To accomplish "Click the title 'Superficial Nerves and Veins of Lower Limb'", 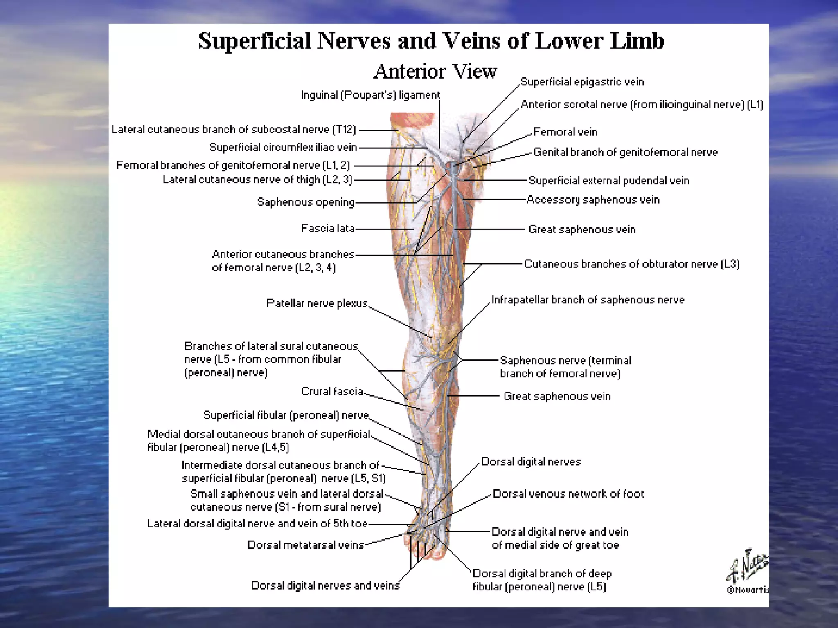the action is coord(431,41).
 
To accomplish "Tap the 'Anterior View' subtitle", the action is coord(435,72).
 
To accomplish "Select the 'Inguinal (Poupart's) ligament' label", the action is coord(370,95).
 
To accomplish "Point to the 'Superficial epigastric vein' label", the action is coord(582,82).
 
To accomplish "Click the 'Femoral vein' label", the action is coord(565,132).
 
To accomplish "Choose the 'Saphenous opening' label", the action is coord(306,202).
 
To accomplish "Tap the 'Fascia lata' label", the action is coord(328,228).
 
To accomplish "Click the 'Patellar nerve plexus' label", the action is coord(317,303).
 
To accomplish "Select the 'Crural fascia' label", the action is coord(332,391).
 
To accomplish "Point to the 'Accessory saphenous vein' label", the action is coord(593,200).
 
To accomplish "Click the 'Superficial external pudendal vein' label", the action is coord(609,181).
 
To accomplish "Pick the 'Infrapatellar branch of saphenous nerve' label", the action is coord(588,300).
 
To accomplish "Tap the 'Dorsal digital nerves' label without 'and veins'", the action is coord(531,462).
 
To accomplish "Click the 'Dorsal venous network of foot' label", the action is coord(568,494).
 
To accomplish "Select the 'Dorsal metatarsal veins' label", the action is coord(306,545).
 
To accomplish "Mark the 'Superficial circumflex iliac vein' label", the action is coord(283,147).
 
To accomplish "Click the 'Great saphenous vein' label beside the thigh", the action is coord(582,229).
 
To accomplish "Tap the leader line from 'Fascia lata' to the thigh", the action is coord(385,229).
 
